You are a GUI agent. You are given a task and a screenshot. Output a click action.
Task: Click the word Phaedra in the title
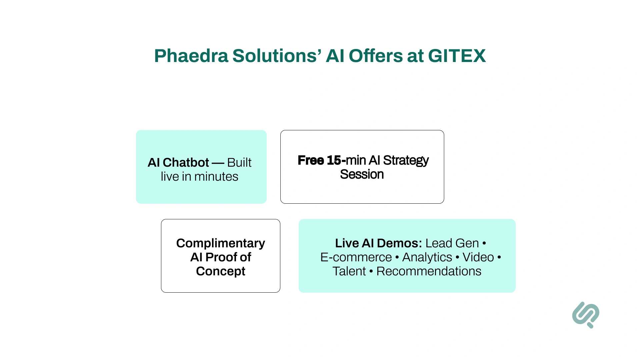[x=191, y=56]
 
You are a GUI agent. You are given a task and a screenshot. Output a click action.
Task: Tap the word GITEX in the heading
[x=457, y=56]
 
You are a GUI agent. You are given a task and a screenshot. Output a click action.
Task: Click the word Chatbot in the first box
[x=186, y=163]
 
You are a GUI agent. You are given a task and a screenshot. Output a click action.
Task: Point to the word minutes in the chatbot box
[x=216, y=177]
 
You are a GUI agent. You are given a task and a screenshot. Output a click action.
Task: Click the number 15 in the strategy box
[x=334, y=160]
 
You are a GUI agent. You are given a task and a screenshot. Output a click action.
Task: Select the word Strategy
[x=406, y=160]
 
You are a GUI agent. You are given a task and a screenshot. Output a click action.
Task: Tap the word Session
[x=362, y=174]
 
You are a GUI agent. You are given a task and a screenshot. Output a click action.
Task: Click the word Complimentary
[x=220, y=243]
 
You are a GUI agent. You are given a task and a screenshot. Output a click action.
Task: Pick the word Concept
[x=220, y=271]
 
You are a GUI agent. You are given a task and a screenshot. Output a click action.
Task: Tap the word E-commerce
[x=356, y=257]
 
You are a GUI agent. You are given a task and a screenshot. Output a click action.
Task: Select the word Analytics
[x=427, y=257]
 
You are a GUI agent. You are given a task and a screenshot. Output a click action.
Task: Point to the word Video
[x=478, y=257]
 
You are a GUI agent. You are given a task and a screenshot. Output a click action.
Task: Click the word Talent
[x=349, y=271]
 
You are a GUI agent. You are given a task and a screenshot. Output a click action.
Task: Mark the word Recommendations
[x=429, y=271]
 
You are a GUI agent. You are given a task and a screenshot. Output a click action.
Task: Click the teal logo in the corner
[x=586, y=315]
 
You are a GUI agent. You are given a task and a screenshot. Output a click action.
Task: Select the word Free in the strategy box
[x=311, y=160]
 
